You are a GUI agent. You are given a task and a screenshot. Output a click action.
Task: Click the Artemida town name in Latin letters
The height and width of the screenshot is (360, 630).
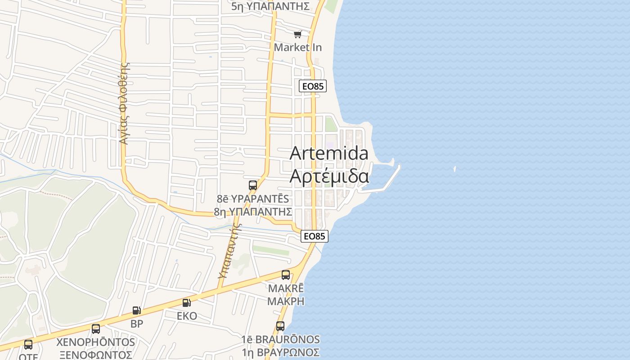coord(329,153)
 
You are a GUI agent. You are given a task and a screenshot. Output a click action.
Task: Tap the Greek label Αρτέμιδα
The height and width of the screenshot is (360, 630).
coord(329,176)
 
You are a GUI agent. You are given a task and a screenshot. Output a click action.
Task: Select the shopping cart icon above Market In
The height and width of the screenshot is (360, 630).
coord(297,35)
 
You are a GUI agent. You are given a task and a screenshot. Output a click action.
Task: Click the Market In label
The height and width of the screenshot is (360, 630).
coord(298,47)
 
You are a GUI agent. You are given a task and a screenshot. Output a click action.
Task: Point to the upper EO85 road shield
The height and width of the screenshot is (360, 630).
coord(313,86)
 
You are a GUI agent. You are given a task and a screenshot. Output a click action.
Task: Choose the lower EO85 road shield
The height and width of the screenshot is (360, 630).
coord(315,236)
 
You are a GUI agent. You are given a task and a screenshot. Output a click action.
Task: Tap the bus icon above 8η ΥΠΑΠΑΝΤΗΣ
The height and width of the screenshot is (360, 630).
coord(253,185)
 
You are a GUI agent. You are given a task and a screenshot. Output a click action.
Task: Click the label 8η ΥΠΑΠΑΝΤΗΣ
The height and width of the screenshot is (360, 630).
coord(253,211)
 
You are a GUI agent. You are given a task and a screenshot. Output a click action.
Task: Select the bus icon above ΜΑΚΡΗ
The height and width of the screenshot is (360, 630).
coord(286,275)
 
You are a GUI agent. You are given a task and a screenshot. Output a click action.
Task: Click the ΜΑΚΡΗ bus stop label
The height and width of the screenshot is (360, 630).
coord(286,301)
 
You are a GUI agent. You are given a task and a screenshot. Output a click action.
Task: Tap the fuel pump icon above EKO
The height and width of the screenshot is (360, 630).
coord(187,303)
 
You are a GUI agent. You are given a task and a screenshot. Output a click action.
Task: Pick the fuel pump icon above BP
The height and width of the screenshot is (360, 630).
coord(137,310)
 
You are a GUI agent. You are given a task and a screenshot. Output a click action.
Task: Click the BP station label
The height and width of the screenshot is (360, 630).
coord(137,324)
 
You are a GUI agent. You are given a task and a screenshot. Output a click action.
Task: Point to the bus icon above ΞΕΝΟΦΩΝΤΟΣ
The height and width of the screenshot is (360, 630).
coord(96,329)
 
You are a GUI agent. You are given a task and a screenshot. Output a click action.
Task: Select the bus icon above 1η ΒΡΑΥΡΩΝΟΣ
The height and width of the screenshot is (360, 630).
coord(280,326)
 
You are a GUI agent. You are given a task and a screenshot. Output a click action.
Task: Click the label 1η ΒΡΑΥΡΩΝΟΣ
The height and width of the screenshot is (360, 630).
coord(280,352)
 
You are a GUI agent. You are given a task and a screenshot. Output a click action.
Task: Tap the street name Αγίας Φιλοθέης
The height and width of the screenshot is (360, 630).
coord(125,103)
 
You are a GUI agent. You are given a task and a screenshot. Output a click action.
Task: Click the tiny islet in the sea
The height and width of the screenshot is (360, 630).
coord(455,169)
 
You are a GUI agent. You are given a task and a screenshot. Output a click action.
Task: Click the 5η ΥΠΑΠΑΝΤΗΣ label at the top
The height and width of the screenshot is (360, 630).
coord(270,6)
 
